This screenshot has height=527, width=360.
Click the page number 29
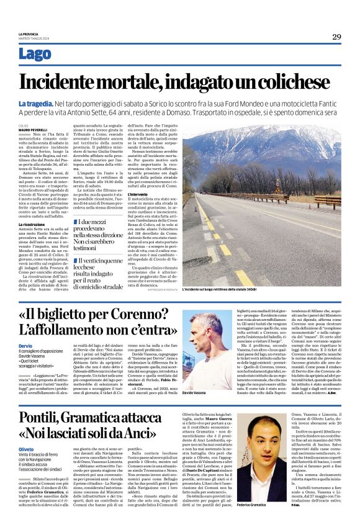[x=336, y=37]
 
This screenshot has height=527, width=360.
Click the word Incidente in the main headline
[x=66, y=83]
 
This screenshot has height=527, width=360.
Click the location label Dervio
[x=26, y=346]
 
